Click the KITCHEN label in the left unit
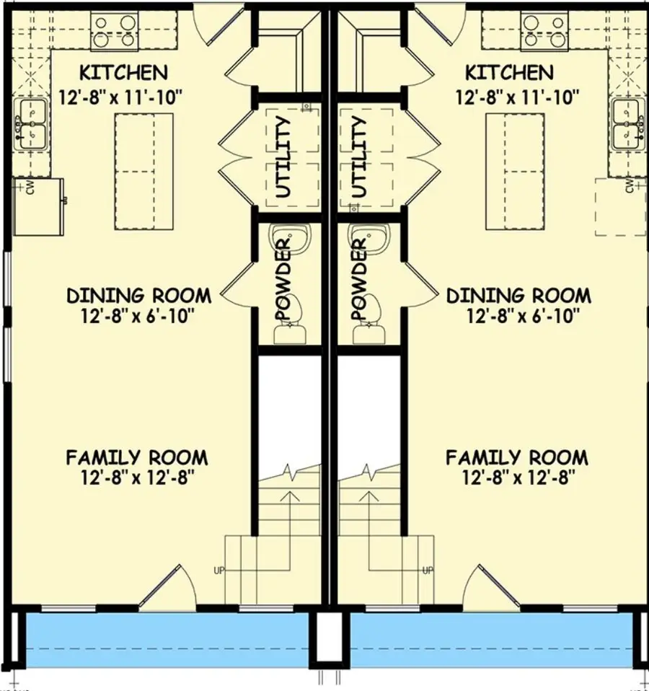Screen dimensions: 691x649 click(123, 73)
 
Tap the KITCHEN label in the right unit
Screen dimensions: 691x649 click(509, 73)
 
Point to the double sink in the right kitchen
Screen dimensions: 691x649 click(628, 124)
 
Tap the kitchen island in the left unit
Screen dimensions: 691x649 click(144, 172)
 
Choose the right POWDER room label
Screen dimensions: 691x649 click(359, 281)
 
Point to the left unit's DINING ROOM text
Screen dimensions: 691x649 click(138, 296)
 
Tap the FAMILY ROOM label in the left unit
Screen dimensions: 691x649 click(137, 457)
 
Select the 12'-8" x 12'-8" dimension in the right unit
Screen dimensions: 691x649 click(516, 477)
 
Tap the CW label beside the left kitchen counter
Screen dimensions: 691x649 click(31, 188)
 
